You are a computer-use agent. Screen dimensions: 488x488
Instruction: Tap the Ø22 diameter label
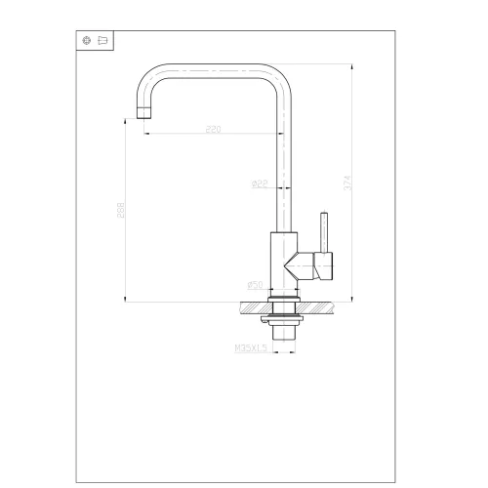click(260, 183)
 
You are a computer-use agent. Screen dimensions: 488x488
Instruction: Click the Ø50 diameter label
click(256, 284)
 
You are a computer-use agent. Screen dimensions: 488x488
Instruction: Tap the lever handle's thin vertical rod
click(325, 228)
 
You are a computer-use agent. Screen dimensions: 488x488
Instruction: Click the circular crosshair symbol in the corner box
click(87, 40)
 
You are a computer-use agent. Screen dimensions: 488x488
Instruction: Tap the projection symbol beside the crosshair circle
click(102, 40)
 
